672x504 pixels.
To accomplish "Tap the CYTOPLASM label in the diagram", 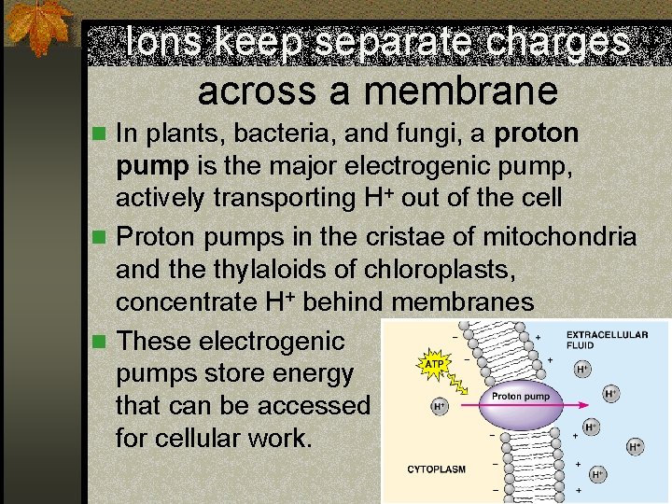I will point(436,469).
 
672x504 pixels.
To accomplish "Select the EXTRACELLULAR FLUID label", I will point(607,340).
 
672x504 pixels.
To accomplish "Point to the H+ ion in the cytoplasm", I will point(438,407).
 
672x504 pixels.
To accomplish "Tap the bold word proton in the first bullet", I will point(537,134).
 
